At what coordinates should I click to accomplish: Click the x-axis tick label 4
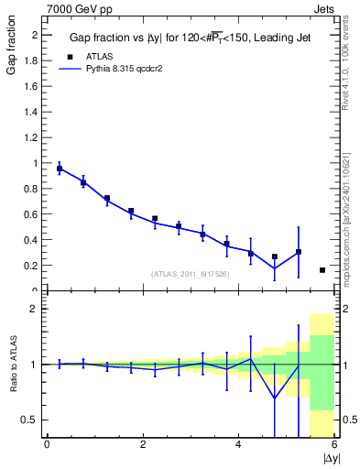(x=238, y=445)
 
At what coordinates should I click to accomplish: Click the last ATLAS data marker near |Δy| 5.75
(x=322, y=270)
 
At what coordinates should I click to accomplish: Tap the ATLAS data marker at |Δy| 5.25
(x=299, y=252)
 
